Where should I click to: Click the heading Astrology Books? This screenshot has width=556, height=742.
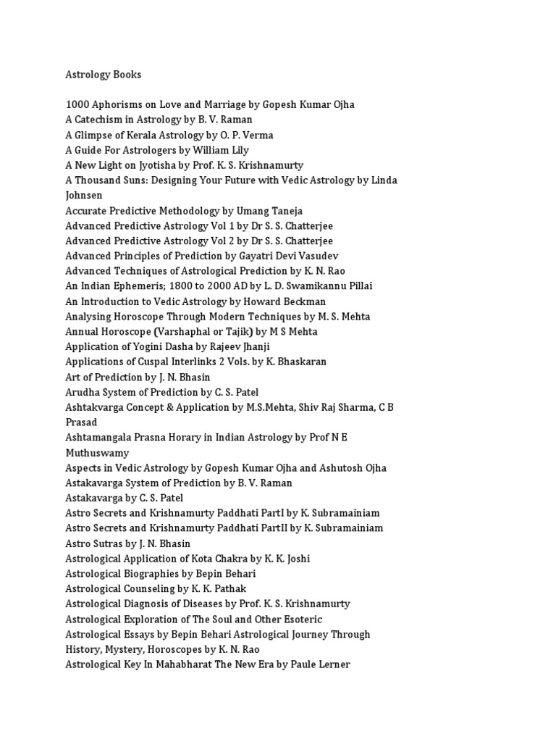[x=104, y=75]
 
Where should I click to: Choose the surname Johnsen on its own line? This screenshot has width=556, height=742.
[x=84, y=195]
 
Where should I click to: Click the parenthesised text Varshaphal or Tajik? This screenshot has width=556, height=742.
[x=206, y=331]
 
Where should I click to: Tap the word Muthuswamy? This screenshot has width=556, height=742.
[x=97, y=452]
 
